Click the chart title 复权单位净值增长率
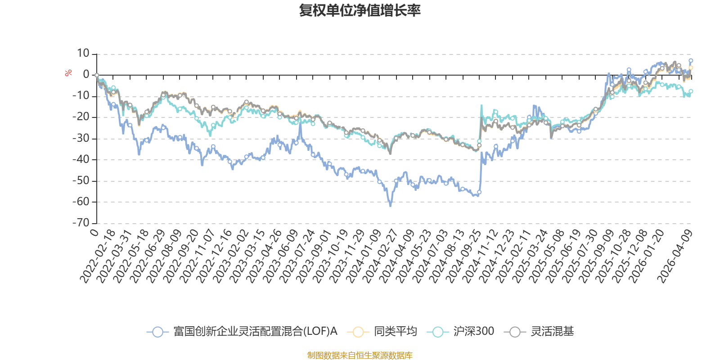tap(360, 11)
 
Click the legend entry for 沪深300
tap(461, 331)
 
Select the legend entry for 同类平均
tap(382, 331)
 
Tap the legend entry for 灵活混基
tap(539, 331)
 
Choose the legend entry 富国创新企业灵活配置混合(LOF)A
tap(242, 331)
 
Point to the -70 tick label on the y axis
tap(81, 223)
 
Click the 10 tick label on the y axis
tap(83, 54)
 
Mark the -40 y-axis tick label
tap(81, 159)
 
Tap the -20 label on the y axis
tap(81, 117)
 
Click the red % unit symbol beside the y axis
tap(68, 73)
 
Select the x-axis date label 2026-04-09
tap(675, 256)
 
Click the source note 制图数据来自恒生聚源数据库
tap(360, 355)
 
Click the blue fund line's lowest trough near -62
tap(391, 206)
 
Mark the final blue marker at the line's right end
tap(690, 60)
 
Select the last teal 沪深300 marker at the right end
tap(690, 91)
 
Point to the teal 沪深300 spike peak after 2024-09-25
tap(481, 105)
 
